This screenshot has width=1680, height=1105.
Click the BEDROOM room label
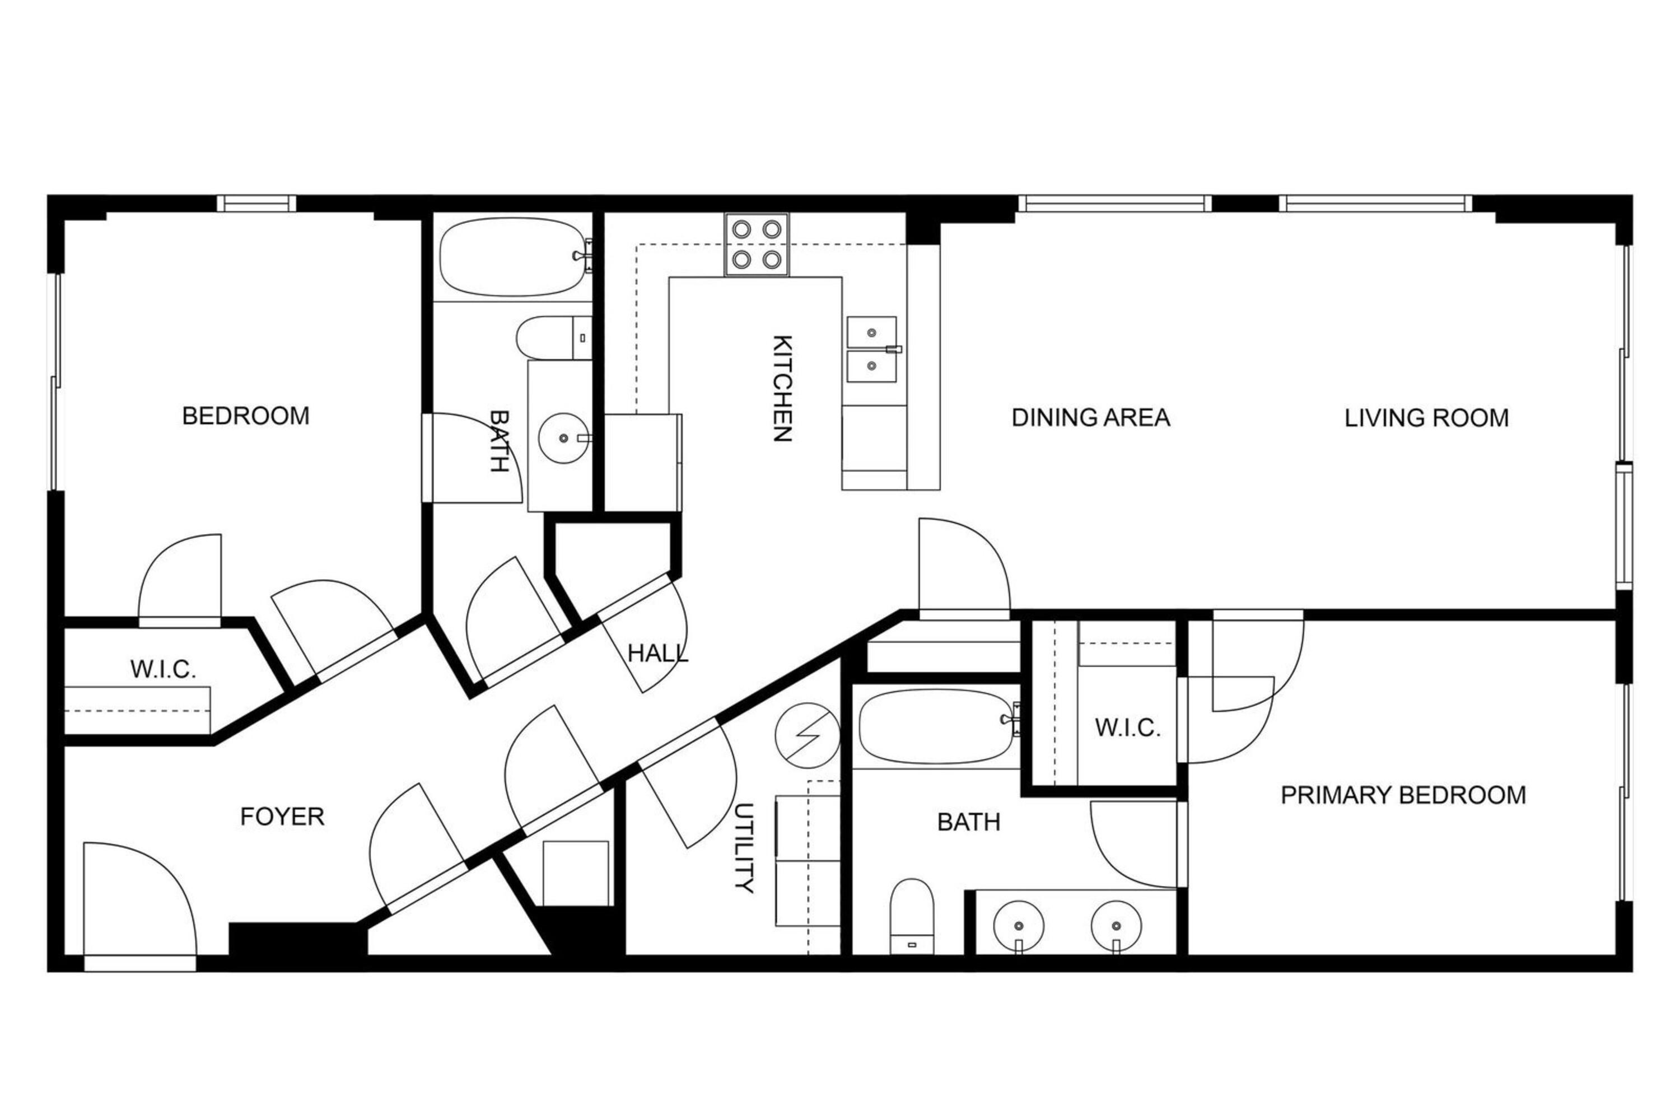click(x=246, y=416)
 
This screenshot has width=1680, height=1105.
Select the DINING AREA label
click(x=1090, y=418)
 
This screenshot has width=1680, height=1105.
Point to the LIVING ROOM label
click(x=1426, y=418)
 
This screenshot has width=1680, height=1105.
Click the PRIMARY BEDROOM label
click(x=1403, y=796)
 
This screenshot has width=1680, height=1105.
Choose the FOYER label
click(x=282, y=817)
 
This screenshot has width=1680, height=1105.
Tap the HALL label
click(x=658, y=654)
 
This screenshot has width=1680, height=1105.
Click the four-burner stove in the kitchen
click(x=756, y=244)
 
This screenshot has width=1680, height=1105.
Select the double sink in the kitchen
click(x=872, y=349)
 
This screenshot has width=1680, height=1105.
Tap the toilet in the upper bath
click(x=553, y=338)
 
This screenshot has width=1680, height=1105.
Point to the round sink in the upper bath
click(x=563, y=439)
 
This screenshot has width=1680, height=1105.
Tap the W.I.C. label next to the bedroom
click(x=163, y=669)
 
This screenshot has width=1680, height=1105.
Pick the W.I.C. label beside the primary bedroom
click(x=1128, y=728)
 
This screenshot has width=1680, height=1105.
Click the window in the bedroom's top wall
click(x=256, y=203)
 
